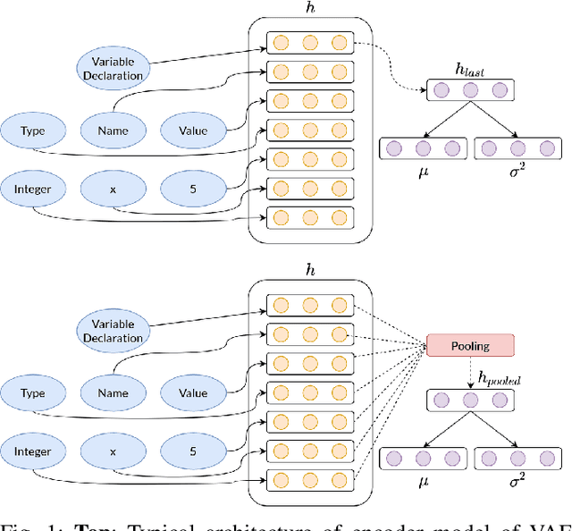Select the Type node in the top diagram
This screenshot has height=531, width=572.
click(33, 131)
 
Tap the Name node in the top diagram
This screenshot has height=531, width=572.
click(113, 131)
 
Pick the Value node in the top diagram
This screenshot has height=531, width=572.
click(192, 131)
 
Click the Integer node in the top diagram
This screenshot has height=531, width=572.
click(33, 190)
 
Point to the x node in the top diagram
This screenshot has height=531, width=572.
click(113, 190)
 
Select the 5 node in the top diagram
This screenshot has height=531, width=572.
click(192, 190)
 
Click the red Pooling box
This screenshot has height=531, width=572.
click(470, 345)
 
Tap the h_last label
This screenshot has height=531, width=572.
click(469, 71)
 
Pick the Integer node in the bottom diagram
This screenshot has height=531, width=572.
click(33, 451)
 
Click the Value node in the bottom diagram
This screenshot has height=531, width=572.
click(192, 392)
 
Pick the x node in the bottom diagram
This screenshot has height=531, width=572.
click(113, 451)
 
